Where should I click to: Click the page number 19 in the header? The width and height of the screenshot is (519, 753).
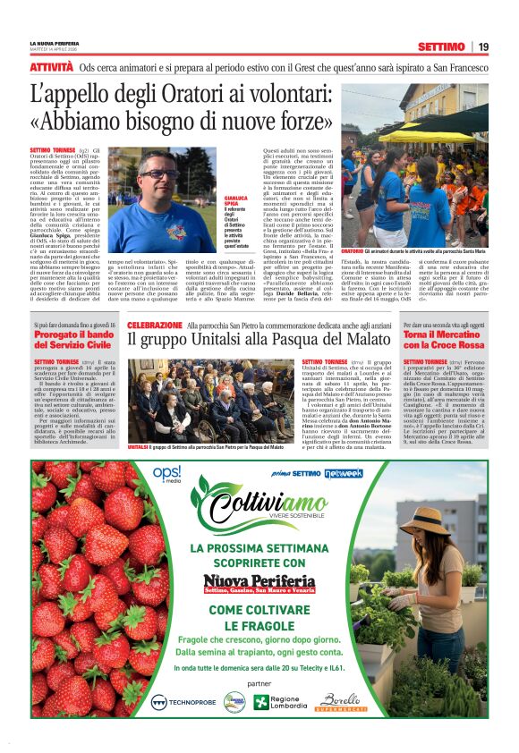pos(483,47)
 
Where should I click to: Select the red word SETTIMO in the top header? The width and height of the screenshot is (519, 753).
pos(441,47)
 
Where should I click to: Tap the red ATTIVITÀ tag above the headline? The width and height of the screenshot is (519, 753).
pos(51,67)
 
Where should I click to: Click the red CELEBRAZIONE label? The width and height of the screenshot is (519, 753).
pos(155,326)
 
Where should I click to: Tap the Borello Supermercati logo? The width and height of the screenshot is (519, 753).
pos(342,701)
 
